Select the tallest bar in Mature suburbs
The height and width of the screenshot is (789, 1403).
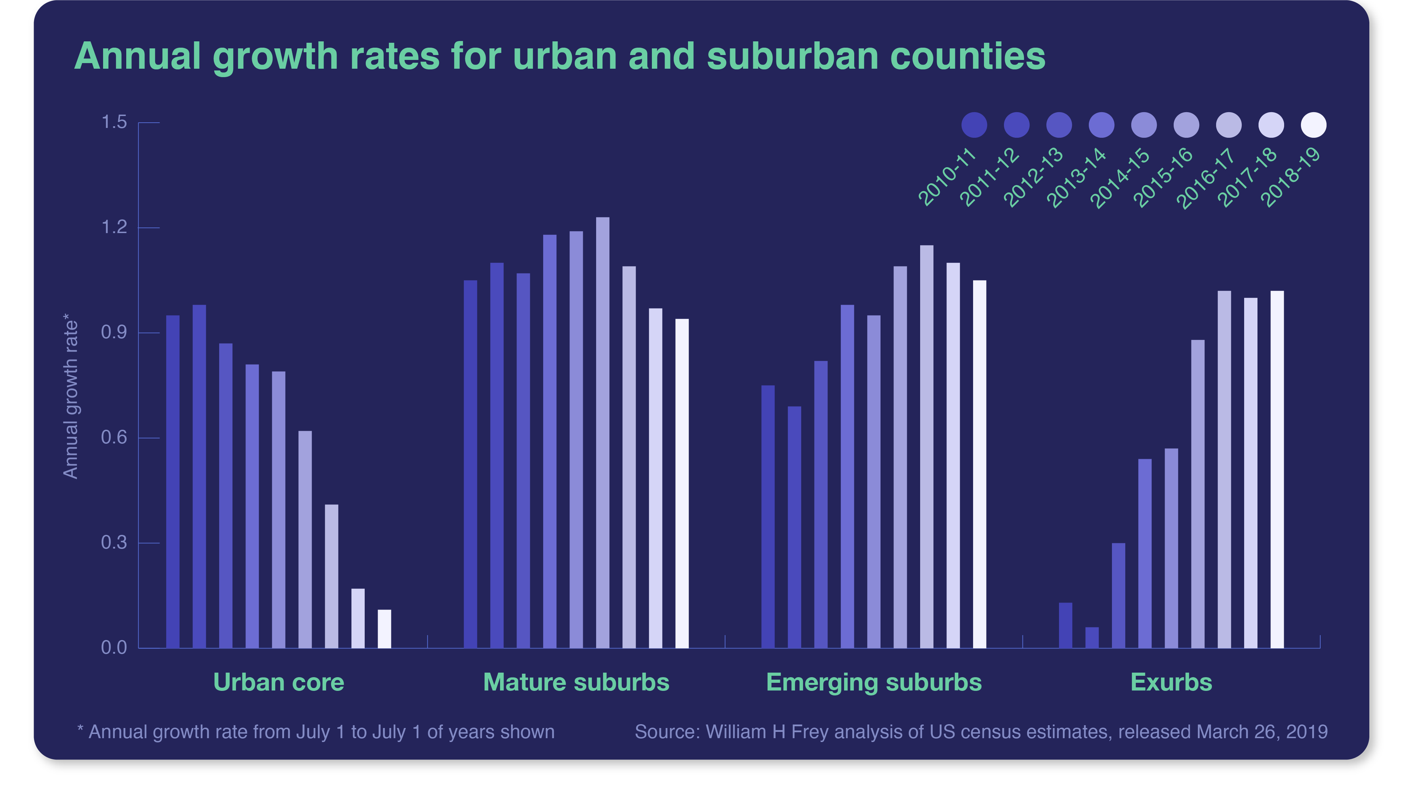(x=602, y=433)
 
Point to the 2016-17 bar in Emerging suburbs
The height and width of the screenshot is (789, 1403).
(x=926, y=447)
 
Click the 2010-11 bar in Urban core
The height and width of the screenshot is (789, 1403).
(x=173, y=482)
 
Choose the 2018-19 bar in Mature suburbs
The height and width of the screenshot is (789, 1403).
(x=682, y=483)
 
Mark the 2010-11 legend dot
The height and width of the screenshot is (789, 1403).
(x=974, y=125)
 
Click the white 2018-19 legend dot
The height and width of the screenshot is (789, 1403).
(x=1313, y=125)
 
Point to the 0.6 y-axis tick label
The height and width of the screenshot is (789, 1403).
(x=114, y=438)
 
